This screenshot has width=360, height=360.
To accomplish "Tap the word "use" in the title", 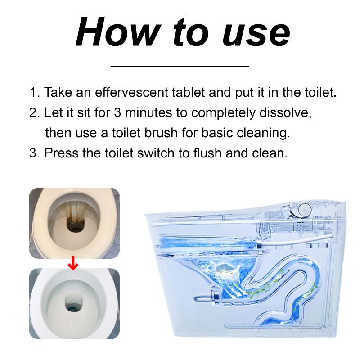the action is [256, 34].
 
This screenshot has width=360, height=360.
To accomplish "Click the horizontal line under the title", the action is [180, 66].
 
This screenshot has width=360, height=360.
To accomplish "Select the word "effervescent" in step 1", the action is [131, 92].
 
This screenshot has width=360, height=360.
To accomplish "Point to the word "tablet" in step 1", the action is [188, 92].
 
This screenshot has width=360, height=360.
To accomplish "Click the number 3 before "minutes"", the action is [117, 113].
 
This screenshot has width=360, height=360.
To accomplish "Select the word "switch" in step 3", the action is [156, 153].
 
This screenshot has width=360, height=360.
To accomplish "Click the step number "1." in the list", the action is [35, 92].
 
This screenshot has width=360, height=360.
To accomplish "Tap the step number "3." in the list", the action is [35, 153].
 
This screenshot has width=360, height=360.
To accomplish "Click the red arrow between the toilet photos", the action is [73, 263].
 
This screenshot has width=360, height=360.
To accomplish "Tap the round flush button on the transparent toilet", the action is [305, 209].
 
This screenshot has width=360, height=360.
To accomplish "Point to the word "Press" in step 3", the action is [62, 153].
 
